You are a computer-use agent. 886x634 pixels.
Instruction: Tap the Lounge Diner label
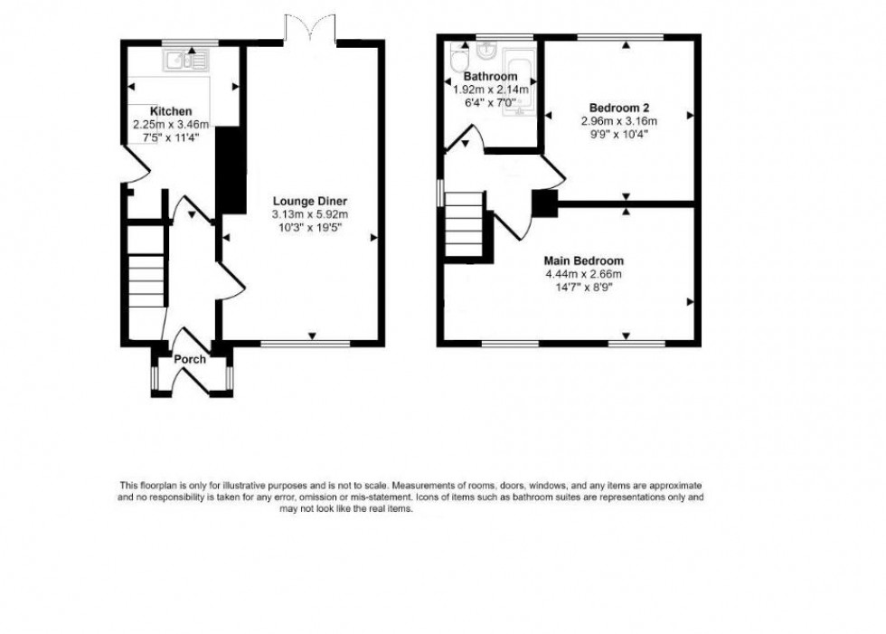pyautogui.click(x=310, y=201)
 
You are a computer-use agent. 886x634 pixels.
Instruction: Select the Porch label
pyautogui.click(x=190, y=360)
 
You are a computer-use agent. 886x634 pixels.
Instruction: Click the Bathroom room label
pyautogui.click(x=491, y=77)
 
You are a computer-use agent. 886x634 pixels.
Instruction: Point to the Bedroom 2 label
pyautogui.click(x=618, y=106)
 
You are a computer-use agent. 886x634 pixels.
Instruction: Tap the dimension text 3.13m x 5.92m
pyautogui.click(x=310, y=214)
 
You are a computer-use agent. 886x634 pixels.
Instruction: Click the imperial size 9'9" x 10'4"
pyautogui.click(x=618, y=134)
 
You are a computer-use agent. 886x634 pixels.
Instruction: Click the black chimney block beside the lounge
pyautogui.click(x=232, y=169)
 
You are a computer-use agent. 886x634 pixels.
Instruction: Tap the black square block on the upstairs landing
pyautogui.click(x=543, y=203)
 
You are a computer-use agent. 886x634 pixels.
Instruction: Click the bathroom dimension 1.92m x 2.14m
pyautogui.click(x=491, y=90)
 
